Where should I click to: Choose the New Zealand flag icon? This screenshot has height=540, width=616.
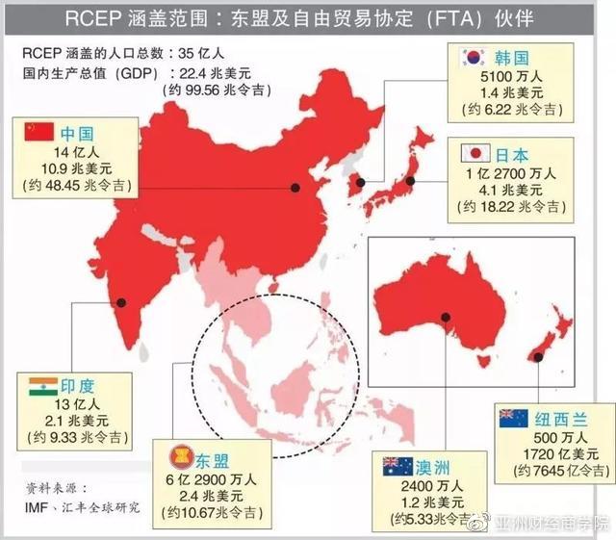tap(513, 418)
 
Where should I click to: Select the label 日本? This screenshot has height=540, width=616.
tap(513, 153)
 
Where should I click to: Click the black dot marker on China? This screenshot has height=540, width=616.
tap(295, 190)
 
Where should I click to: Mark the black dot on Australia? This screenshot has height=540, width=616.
tap(445, 319)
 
